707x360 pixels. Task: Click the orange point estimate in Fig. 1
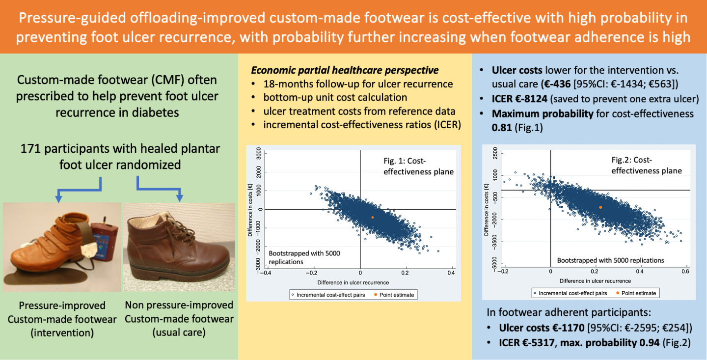click(373, 217)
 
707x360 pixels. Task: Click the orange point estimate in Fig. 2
click(600, 207)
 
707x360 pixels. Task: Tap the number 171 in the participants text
click(30, 148)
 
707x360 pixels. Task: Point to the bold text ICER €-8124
click(519, 99)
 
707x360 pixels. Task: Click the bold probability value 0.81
click(502, 128)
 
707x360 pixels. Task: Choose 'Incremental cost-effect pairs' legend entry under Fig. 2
click(571, 293)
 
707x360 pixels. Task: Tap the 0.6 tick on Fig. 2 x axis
click(685, 271)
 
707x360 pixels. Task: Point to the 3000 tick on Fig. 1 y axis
click(259, 154)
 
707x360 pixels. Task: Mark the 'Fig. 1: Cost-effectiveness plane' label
click(418, 166)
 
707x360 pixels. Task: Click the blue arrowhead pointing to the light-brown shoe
click(58, 199)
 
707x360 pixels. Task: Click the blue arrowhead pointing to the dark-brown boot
click(180, 198)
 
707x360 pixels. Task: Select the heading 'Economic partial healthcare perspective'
click(345, 70)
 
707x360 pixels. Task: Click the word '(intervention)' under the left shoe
click(62, 333)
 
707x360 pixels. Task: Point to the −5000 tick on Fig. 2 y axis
click(494, 264)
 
